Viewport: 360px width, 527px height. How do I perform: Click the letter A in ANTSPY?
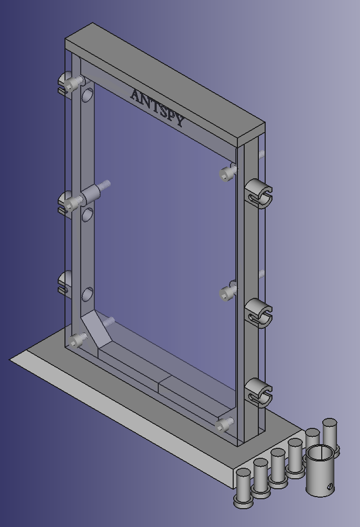[x=136, y=96]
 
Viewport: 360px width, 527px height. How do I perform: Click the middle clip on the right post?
[x=258, y=313]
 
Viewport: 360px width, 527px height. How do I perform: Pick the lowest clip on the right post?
[x=258, y=392]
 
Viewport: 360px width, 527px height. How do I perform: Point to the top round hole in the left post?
[x=88, y=95]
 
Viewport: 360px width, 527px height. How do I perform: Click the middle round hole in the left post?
[x=88, y=215]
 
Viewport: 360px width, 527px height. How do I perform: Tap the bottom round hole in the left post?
[x=88, y=294]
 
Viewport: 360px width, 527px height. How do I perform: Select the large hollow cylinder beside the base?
[x=320, y=470]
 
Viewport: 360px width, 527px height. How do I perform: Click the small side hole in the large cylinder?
[x=330, y=486]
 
